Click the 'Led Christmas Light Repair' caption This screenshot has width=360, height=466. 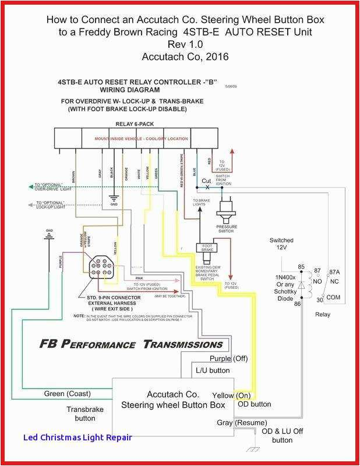77,437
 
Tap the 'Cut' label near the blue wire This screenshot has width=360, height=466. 206,181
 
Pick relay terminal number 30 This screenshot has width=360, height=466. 319,301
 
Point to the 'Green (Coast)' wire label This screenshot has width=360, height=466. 67,394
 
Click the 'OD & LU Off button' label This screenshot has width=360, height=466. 282,436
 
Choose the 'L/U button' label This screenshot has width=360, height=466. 212,370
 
